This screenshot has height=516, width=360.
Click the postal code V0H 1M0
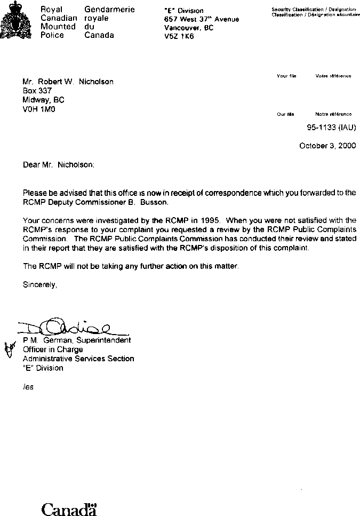tap(39, 109)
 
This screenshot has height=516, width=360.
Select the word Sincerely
tap(39, 284)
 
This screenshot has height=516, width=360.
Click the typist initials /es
tap(28, 387)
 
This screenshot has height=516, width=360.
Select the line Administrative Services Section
tap(78, 359)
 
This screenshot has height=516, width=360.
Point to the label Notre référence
tap(333, 114)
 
